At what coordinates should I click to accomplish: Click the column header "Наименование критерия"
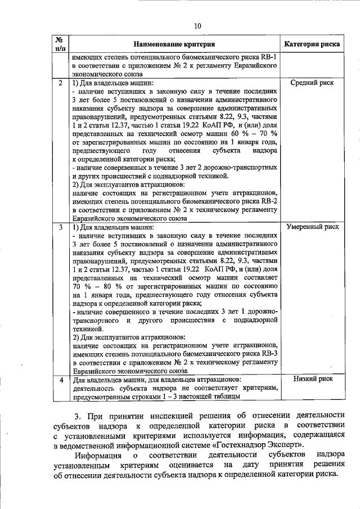pyautogui.click(x=174, y=44)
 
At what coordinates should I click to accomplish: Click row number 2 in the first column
pyautogui.click(x=61, y=83)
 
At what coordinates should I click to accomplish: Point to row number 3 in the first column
pyautogui.click(x=61, y=227)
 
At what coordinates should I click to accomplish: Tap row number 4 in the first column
pyautogui.click(x=61, y=380)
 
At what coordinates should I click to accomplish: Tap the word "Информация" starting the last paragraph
pyautogui.click(x=100, y=455)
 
